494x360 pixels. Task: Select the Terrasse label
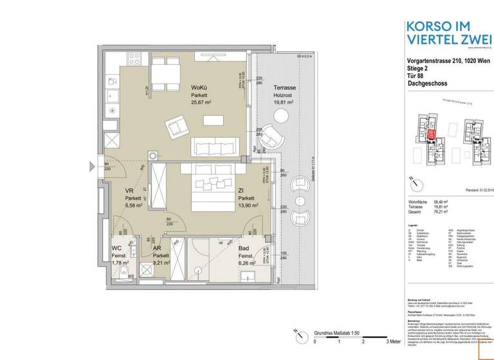[x=284, y=87]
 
